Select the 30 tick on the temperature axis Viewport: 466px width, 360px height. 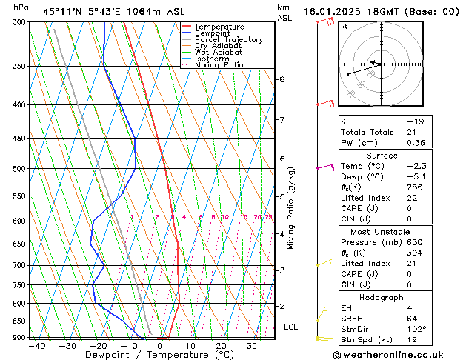(x=252, y=346)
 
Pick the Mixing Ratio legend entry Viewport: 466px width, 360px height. (x=219, y=65)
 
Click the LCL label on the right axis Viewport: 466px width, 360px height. (x=291, y=327)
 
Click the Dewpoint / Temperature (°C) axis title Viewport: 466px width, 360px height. (x=142, y=355)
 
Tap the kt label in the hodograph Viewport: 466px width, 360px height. (x=344, y=27)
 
